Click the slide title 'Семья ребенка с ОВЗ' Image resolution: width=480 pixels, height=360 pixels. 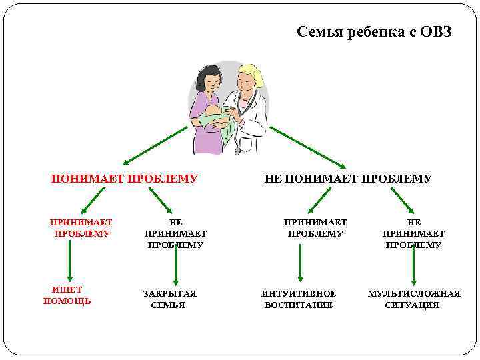pos(374,32)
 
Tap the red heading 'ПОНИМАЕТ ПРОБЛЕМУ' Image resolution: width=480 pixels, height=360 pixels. pos(125,179)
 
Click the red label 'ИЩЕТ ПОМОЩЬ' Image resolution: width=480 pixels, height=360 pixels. pos(67,295)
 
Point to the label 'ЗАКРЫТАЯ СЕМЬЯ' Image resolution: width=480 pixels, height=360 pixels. pos(169,299)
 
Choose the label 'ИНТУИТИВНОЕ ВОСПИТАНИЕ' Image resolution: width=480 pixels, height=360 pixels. pos(299,299)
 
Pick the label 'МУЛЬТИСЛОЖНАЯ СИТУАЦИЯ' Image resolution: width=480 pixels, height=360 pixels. pos(413,299)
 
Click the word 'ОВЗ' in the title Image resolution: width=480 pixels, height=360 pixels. pos(436,32)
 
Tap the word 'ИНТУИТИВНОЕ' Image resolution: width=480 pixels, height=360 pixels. pos(299,293)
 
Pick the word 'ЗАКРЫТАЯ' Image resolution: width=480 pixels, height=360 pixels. pos(169,293)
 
